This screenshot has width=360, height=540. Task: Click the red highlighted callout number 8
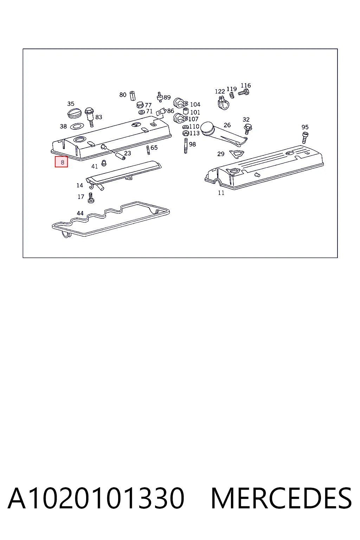click(61, 162)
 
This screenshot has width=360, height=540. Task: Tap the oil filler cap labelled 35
click(75, 113)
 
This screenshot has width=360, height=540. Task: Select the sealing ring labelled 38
click(77, 126)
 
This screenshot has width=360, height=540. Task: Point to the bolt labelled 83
click(89, 117)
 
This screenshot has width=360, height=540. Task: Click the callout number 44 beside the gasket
click(80, 213)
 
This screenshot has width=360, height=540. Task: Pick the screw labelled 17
click(91, 198)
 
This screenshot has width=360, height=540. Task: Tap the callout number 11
click(221, 193)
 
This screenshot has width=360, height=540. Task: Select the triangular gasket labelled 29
click(237, 154)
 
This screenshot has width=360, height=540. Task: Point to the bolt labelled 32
click(247, 129)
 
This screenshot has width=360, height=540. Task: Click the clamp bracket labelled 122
click(223, 103)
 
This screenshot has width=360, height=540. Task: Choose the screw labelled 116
click(244, 92)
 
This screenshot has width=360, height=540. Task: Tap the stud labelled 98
click(186, 146)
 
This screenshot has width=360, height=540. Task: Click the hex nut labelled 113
click(186, 133)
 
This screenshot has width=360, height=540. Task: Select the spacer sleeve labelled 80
click(133, 96)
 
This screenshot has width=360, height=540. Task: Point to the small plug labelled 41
click(104, 163)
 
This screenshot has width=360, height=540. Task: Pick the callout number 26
click(227, 125)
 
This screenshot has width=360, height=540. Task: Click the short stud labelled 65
click(148, 150)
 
